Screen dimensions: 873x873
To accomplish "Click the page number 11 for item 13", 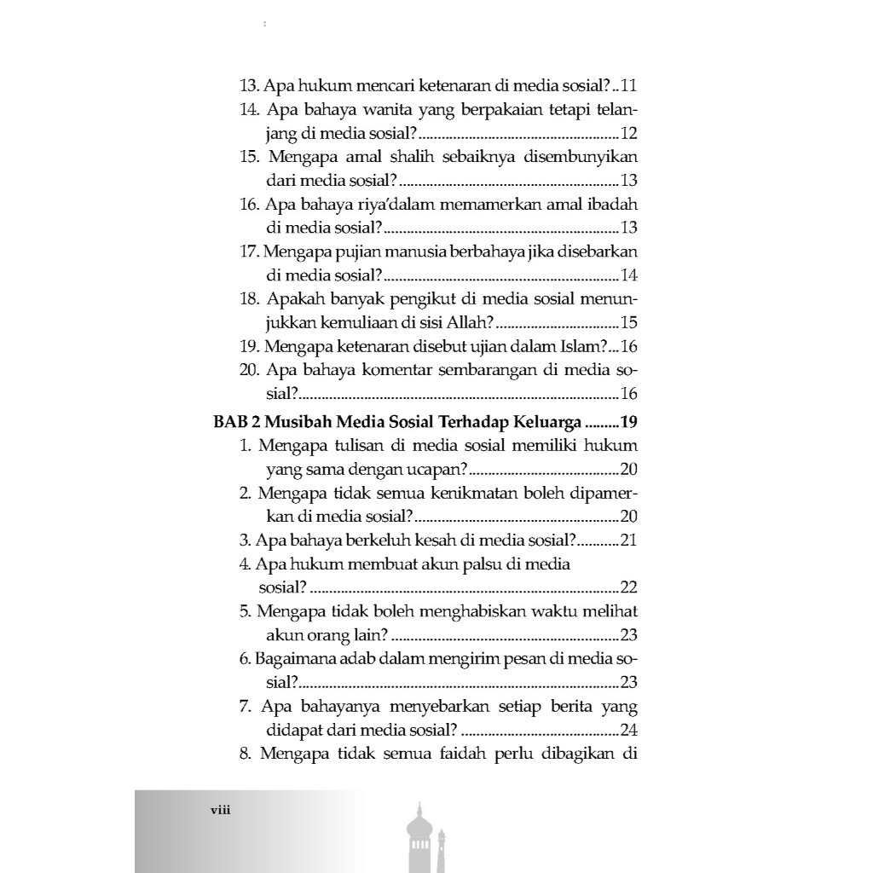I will click(630, 86).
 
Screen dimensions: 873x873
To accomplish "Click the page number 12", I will click(630, 134).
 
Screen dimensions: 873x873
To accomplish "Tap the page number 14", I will click(630, 276).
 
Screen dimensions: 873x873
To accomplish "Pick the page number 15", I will click(630, 323).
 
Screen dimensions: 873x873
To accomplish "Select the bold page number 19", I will click(630, 421).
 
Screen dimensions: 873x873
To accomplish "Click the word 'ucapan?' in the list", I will click(437, 469).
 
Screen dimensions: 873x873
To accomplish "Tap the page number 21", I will click(630, 540).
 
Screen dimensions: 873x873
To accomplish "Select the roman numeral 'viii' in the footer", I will click(221, 811).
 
